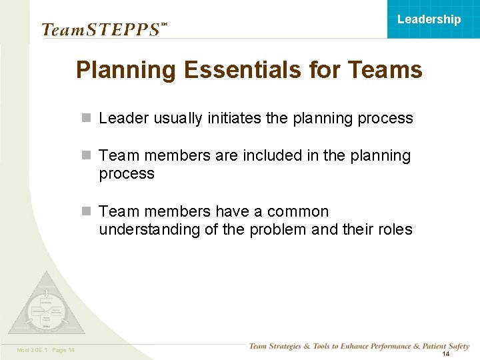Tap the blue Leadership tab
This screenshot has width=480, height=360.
pos(429,19)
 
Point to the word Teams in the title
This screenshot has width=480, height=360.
pos(386,70)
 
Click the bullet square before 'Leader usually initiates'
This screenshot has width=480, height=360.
pos(85,119)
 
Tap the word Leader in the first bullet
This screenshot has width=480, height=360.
pos(124,119)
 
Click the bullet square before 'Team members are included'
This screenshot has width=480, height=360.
pos(85,156)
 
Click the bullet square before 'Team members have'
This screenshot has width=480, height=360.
pos(85,212)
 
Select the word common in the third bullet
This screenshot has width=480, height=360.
pos(298,212)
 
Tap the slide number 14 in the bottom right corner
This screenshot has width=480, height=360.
pos(445,354)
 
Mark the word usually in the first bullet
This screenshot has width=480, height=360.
pos(177,119)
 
